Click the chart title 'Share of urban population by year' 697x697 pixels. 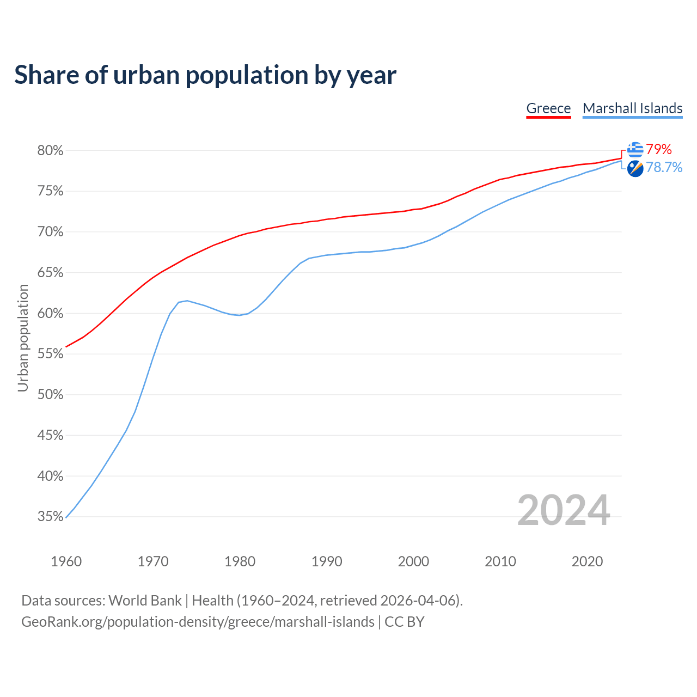pos(205,75)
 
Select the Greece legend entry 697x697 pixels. pos(548,108)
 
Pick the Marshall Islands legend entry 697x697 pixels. pos(632,108)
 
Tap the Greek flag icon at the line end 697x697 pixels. pos(635,149)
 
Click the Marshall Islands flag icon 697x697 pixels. pos(635,168)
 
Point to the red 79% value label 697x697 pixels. pos(659,150)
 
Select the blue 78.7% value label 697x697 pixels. pos(664,168)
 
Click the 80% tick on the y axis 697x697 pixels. pos(50,151)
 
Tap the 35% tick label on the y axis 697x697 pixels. pos(50,517)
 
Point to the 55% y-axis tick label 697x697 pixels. pos(50,354)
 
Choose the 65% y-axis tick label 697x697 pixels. pos(50,273)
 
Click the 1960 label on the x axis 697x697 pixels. pos(66,561)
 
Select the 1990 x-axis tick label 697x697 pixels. pos(327,561)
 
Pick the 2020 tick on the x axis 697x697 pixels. pos(587,561)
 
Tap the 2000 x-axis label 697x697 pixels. pos(413,561)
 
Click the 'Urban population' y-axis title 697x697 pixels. pos(23,338)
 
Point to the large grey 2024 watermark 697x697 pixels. pos(564,510)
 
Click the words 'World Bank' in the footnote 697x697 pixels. pos(145,601)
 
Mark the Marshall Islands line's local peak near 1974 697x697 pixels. pos(187,301)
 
